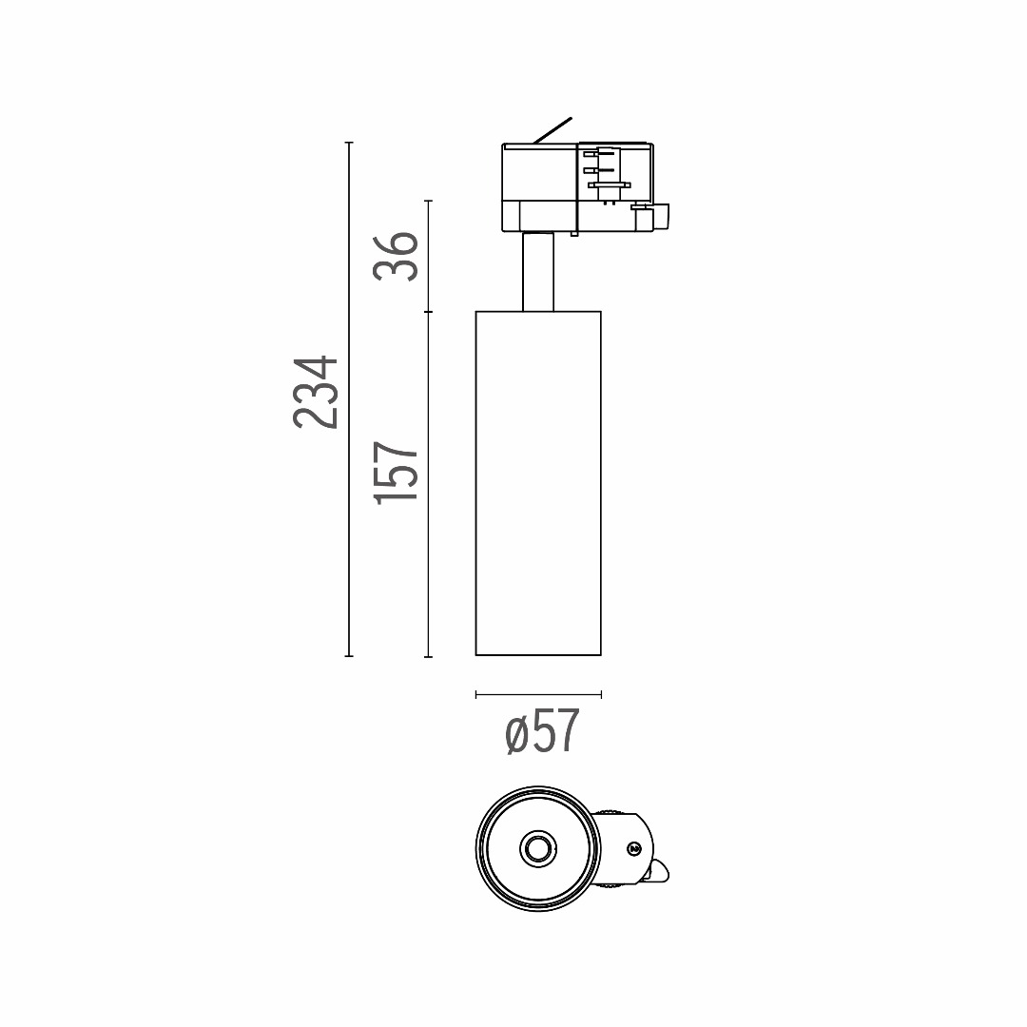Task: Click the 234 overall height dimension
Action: click(x=316, y=393)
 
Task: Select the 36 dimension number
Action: click(x=396, y=256)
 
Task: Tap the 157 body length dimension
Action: click(x=396, y=473)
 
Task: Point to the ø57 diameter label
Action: click(x=543, y=731)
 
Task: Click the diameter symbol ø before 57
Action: click(x=516, y=734)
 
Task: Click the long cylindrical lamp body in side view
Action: click(x=538, y=483)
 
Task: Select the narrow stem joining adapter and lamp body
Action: click(x=538, y=272)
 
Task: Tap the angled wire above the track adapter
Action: click(x=552, y=130)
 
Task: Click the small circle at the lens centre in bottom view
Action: click(x=538, y=849)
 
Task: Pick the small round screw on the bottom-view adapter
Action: click(x=633, y=849)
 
